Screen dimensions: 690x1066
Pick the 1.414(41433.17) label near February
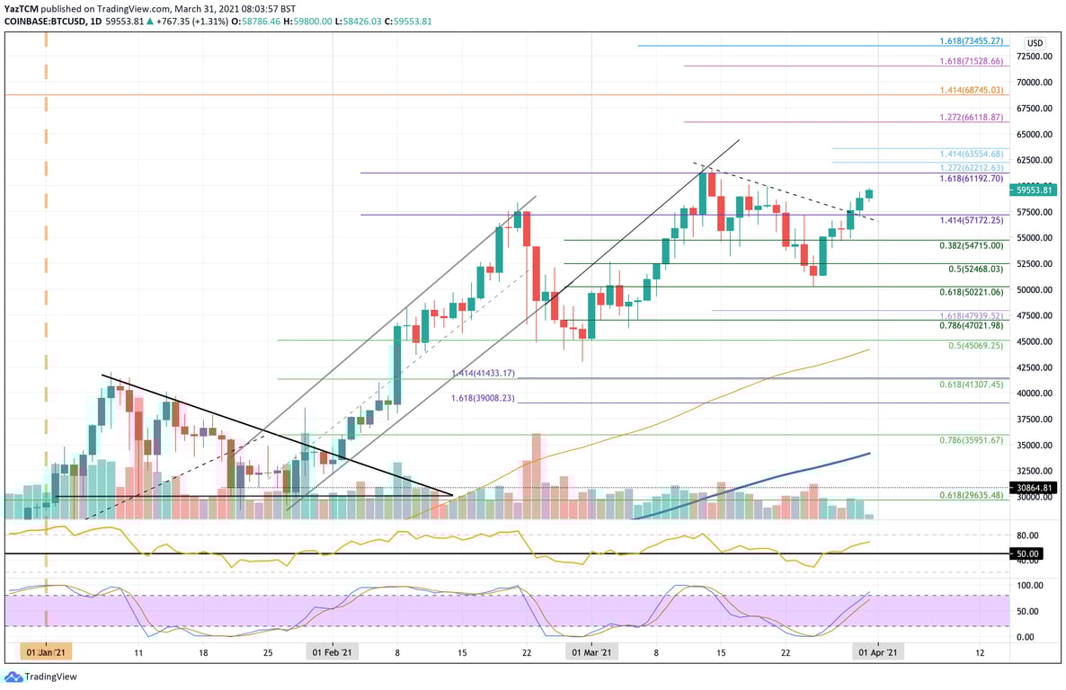[483, 373]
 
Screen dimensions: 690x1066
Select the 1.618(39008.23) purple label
[483, 397]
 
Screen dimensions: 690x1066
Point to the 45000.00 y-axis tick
[1035, 341]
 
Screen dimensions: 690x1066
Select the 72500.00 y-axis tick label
[1035, 56]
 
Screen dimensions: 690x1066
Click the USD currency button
[1035, 42]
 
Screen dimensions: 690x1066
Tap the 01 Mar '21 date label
[592, 652]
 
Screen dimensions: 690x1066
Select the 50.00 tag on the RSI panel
[1028, 553]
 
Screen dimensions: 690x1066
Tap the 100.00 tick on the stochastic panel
[1029, 585]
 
